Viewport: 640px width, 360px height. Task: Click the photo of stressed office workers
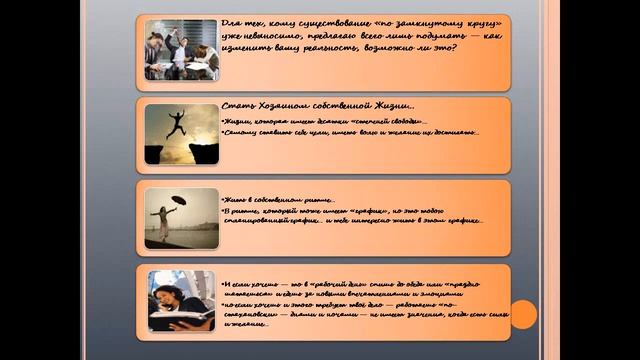pyautogui.click(x=181, y=49)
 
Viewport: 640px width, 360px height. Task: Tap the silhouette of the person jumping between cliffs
pyautogui.click(x=176, y=123)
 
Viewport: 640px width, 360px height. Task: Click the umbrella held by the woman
pyautogui.click(x=179, y=200)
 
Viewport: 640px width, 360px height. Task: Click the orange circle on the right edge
pyautogui.click(x=524, y=314)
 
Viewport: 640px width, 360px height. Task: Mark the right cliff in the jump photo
pyautogui.click(x=204, y=151)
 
